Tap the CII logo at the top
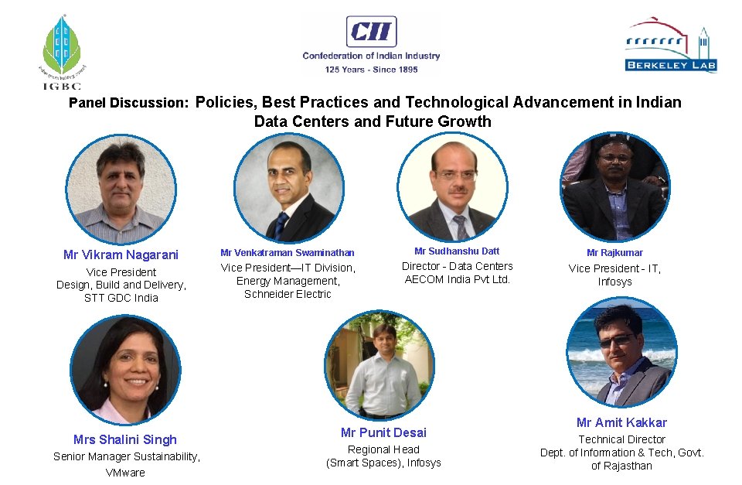pos(371,32)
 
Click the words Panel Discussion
pos(128,103)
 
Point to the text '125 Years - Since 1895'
pos(371,69)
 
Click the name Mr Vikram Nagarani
pos(121,254)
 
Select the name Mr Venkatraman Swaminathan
pos(288,253)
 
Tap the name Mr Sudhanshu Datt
pos(457,251)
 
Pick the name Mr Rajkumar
pos(614,253)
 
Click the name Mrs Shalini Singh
pos(125,439)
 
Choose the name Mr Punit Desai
pos(383,432)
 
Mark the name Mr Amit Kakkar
pos(621,422)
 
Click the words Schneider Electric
pos(288,294)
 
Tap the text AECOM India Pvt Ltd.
pos(458,279)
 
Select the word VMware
pos(125,473)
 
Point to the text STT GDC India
pos(121,298)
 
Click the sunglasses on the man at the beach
pos(615,340)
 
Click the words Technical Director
pos(621,439)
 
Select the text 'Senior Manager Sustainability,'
pos(127,456)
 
